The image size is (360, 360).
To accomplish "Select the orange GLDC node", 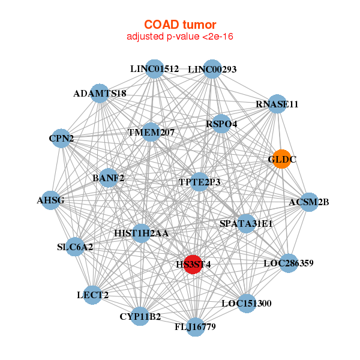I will (281, 160).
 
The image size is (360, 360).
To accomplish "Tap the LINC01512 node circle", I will (155, 69).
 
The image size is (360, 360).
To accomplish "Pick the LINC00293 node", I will (212, 69).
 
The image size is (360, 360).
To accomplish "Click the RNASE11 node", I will (276, 104).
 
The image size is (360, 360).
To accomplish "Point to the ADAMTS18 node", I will (100, 94).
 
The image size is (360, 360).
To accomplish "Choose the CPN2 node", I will (61, 139).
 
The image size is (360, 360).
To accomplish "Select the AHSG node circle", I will (51, 200).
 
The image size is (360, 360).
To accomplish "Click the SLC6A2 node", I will (75, 247).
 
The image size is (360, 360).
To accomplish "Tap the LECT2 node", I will (92, 295).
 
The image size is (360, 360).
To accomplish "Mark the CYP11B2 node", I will (140, 316).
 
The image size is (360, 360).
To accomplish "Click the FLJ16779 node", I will (195, 326).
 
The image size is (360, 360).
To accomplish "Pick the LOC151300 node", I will (246, 303).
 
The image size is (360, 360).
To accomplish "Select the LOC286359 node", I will (288, 263).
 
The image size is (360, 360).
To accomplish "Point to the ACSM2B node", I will (308, 202).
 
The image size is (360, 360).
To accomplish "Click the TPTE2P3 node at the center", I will (200, 182).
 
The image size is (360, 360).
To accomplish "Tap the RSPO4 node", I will (221, 124).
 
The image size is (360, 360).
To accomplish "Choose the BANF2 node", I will (109, 178).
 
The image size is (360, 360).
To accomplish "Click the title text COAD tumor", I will (180, 25).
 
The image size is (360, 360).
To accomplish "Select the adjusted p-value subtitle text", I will (180, 37).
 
